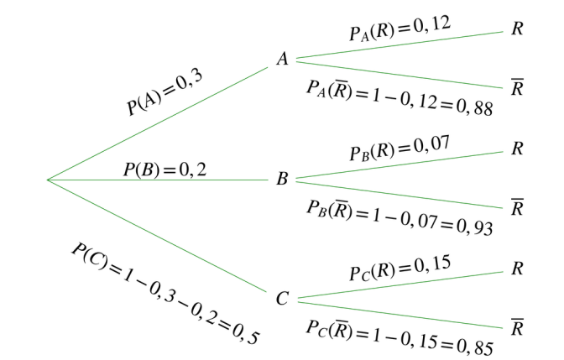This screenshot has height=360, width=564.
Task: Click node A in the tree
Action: click(x=283, y=59)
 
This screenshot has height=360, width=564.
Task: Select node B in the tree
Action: click(x=282, y=179)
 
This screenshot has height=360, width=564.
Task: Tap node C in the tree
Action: click(x=282, y=298)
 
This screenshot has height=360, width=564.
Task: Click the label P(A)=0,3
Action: click(x=164, y=92)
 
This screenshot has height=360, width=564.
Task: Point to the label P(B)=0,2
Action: click(x=164, y=170)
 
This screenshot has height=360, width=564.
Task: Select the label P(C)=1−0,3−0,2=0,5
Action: click(x=165, y=294)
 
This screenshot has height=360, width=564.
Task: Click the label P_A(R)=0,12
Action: click(x=400, y=28)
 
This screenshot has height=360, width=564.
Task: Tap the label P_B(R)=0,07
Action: click(x=400, y=149)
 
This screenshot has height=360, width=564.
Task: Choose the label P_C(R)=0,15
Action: click(x=400, y=268)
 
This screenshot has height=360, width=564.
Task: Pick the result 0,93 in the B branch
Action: click(x=475, y=227)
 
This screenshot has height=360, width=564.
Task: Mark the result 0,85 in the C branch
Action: click(x=475, y=347)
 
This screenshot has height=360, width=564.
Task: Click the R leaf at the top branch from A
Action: click(x=517, y=29)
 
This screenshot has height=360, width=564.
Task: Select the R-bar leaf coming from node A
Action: click(x=517, y=87)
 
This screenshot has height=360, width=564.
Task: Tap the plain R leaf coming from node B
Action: click(x=517, y=149)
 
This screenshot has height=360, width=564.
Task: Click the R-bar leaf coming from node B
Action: click(x=517, y=207)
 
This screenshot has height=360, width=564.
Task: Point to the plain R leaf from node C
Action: click(x=517, y=269)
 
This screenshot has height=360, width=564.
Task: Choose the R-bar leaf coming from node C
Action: click(x=517, y=327)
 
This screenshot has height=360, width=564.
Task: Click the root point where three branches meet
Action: click(x=48, y=180)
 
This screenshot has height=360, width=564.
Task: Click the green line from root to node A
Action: click(x=158, y=123)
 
